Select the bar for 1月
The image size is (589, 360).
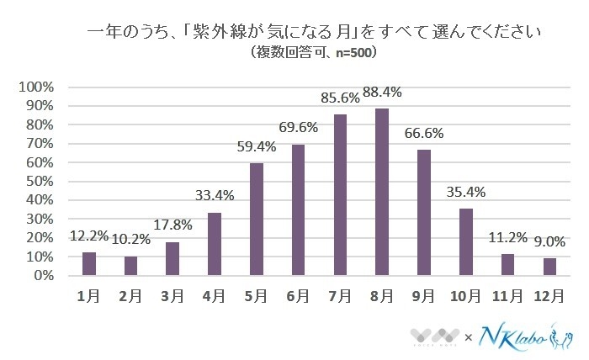tap(89, 264)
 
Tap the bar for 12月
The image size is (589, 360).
tap(549, 267)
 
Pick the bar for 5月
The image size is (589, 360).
tap(257, 220)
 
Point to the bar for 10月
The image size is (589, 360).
tap(465, 242)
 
